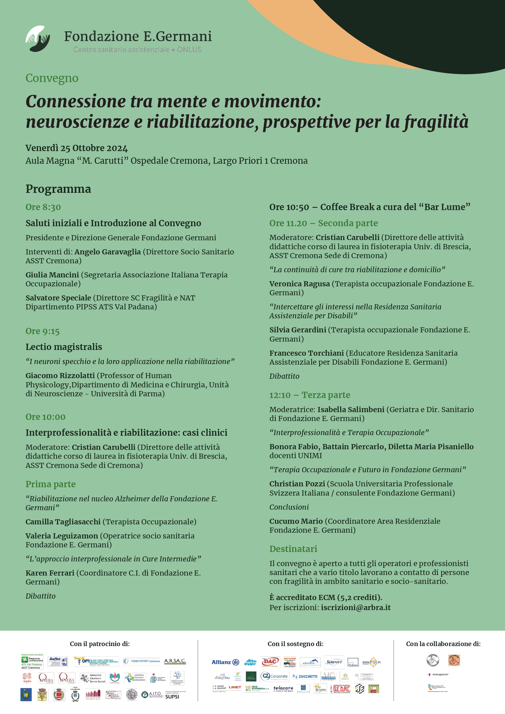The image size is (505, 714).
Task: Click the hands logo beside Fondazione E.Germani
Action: [x=38, y=39]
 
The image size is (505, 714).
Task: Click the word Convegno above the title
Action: [x=52, y=78]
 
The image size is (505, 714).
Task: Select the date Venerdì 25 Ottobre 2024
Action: [x=77, y=148]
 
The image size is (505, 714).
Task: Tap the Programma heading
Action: [x=58, y=189]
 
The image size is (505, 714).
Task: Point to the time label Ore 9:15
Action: [x=42, y=331]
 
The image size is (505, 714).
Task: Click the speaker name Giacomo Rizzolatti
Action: [x=60, y=375]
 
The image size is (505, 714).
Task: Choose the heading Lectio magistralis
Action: [x=64, y=347]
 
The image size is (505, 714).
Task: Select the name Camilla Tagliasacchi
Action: [x=63, y=521]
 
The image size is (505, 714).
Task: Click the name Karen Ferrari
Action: [x=50, y=573]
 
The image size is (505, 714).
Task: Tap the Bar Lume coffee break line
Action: [x=370, y=207]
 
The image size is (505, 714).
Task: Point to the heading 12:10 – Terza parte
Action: [x=310, y=395]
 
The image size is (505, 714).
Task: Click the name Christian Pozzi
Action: [x=297, y=483]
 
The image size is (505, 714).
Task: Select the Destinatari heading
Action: [x=293, y=549]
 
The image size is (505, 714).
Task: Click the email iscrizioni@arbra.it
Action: [x=356, y=607]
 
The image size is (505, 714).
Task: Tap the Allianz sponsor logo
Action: [x=225, y=662]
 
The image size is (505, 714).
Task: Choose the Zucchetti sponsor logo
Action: [x=305, y=676]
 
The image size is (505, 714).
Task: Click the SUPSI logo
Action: [x=172, y=696]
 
